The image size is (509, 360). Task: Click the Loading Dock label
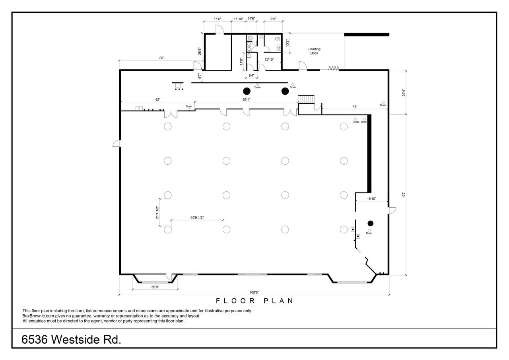click(314, 51)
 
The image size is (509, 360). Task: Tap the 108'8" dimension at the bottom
click(254, 292)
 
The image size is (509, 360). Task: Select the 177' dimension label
click(404, 195)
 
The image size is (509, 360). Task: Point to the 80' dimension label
click(161, 58)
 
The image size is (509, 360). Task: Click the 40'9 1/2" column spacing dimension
click(197, 218)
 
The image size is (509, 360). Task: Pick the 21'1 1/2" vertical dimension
click(157, 212)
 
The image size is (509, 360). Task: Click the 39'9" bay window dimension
click(155, 287)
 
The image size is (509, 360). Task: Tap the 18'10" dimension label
click(372, 198)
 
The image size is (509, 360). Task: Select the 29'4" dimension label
click(404, 93)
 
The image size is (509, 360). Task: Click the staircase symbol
click(306, 99)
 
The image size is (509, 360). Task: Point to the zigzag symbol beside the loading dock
click(334, 68)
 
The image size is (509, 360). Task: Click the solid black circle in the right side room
click(370, 224)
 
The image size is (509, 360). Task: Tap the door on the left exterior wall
click(117, 144)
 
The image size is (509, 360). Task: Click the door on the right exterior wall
click(392, 210)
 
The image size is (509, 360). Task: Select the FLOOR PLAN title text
click(254, 301)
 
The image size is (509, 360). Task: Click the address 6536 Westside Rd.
click(71, 340)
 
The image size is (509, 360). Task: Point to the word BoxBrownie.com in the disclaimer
click(38, 316)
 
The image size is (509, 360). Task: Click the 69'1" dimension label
click(246, 99)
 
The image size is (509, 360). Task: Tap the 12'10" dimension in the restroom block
click(269, 60)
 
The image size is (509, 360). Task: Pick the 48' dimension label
click(355, 106)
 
